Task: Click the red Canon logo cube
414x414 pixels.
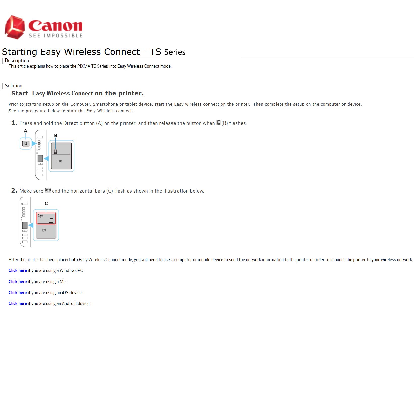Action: pos(15,27)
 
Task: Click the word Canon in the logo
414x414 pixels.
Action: pos(55,26)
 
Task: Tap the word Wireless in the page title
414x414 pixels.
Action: pos(82,52)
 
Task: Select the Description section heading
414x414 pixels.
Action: pos(17,61)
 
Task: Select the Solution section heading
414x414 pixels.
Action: pos(14,86)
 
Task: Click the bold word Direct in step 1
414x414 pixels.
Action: pos(71,123)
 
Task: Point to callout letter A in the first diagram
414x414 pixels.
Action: pos(25,131)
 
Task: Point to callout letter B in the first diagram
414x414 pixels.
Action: pos(56,135)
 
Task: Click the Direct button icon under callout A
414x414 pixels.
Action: pos(26,144)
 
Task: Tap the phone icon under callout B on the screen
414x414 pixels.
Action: pos(55,152)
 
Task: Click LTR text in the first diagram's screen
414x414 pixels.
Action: pos(60,161)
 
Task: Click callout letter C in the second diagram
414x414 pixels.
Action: pos(46,203)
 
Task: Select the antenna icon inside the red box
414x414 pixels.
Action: pos(40,216)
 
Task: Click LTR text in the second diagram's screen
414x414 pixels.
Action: pos(44,230)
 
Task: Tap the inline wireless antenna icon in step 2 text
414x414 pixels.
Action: pos(48,190)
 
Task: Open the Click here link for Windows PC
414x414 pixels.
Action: pos(18,270)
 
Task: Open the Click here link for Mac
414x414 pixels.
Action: pos(18,282)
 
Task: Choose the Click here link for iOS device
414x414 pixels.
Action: pos(18,293)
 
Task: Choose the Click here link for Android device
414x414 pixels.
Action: pos(18,303)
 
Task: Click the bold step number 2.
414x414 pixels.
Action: pos(14,191)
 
